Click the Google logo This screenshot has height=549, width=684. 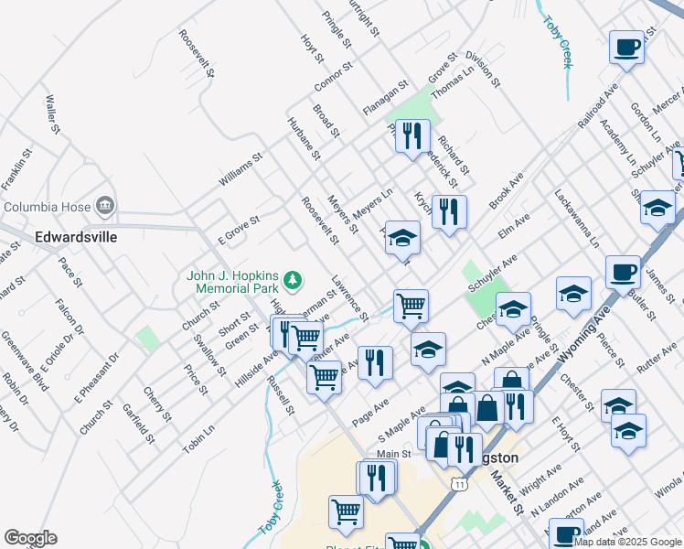point(30,538)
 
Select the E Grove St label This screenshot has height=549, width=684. point(239,229)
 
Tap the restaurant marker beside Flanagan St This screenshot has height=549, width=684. point(411,136)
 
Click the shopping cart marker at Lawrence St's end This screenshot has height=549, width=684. point(411,306)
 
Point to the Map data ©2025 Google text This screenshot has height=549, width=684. point(627,542)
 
